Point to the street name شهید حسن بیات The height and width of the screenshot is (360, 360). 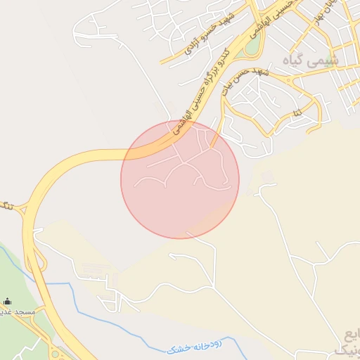point(244,79)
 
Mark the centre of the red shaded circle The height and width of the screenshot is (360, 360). point(180,179)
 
